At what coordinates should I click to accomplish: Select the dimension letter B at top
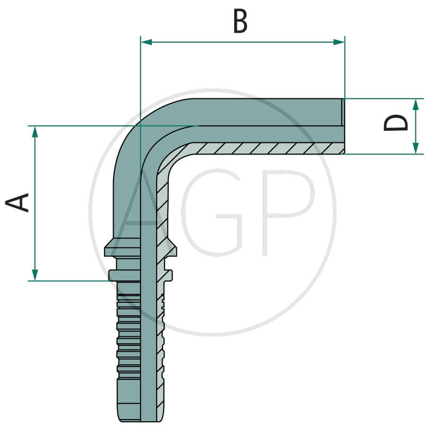pos(240,22)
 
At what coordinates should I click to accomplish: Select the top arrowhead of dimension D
pos(415,104)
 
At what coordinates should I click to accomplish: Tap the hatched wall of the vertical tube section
pos(162,212)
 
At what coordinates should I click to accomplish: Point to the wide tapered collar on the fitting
pos(140,246)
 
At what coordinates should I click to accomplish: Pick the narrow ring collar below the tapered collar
pos(140,275)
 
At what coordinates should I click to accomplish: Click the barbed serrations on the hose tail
pos(127,340)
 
